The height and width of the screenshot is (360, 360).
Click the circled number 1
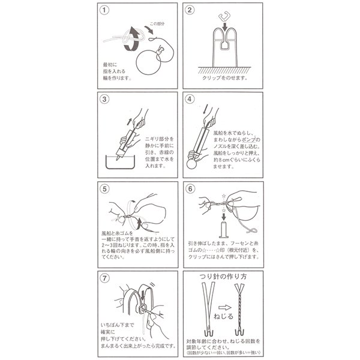[x=106, y=10]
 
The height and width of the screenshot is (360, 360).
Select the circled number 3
[x=106, y=100]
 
